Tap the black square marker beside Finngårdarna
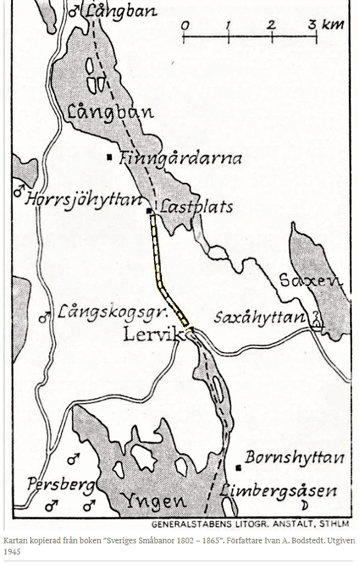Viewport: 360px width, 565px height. point(110,158)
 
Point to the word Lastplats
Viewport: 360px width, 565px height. point(196,206)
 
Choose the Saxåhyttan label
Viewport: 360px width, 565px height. point(260,318)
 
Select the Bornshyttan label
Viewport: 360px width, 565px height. point(295,458)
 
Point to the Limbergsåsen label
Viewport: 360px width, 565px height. point(279,491)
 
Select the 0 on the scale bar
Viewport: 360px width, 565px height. point(185,25)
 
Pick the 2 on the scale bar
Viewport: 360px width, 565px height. point(271,25)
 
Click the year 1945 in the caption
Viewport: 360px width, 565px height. point(12,551)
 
